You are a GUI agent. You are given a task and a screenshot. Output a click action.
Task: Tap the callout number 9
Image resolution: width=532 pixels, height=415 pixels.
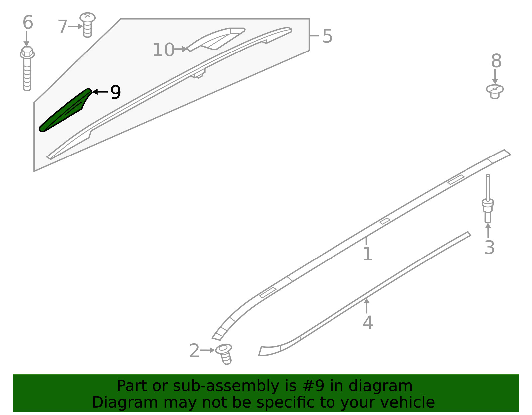[116, 92]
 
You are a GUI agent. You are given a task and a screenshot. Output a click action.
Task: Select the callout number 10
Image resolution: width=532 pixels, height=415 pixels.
[163, 50]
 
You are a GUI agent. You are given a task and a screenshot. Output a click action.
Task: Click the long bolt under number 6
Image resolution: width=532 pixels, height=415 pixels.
[27, 68]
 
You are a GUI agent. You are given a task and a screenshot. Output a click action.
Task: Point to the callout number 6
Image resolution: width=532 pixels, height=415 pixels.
[28, 22]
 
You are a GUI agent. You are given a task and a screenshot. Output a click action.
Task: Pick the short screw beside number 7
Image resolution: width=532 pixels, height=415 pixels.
[88, 25]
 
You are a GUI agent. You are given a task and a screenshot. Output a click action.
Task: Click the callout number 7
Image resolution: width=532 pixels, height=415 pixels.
[63, 26]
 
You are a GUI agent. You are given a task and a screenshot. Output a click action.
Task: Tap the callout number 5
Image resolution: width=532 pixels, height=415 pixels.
[327, 36]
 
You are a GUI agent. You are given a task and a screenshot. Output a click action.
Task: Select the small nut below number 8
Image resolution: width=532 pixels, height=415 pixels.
[495, 92]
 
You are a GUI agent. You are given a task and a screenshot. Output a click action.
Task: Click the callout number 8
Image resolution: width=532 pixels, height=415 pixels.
[496, 61]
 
